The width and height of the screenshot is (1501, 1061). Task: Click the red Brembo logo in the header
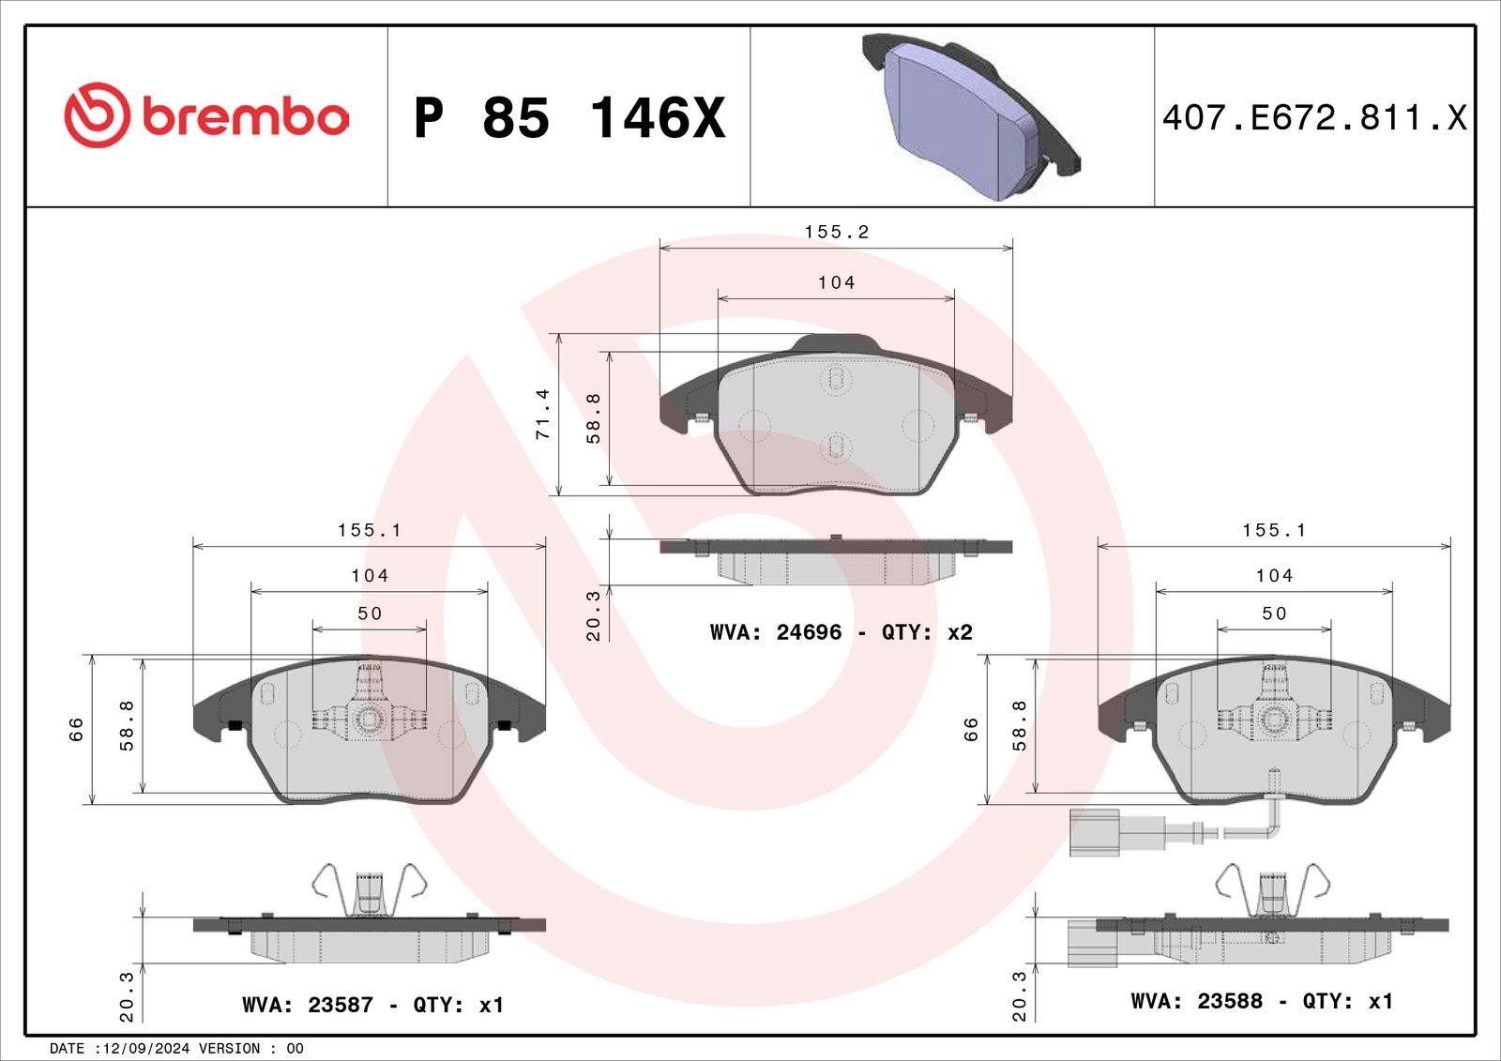pyautogui.click(x=206, y=115)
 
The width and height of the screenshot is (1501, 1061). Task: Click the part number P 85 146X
pyautogui.click(x=569, y=118)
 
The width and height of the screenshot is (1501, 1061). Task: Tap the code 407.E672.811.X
pyautogui.click(x=1314, y=117)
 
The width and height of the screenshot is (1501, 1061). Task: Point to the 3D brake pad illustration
pyautogui.click(x=971, y=116)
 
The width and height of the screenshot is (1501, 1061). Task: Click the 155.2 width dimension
pyautogui.click(x=836, y=232)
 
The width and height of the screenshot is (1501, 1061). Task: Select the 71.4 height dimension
pyautogui.click(x=543, y=415)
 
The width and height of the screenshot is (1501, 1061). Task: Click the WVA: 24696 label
pyautogui.click(x=775, y=632)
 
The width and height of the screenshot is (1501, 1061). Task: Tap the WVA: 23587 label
pyautogui.click(x=307, y=1005)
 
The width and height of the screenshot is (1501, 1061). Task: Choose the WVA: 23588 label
pyautogui.click(x=1196, y=1001)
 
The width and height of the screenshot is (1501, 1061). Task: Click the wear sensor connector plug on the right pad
pyautogui.click(x=1094, y=832)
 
